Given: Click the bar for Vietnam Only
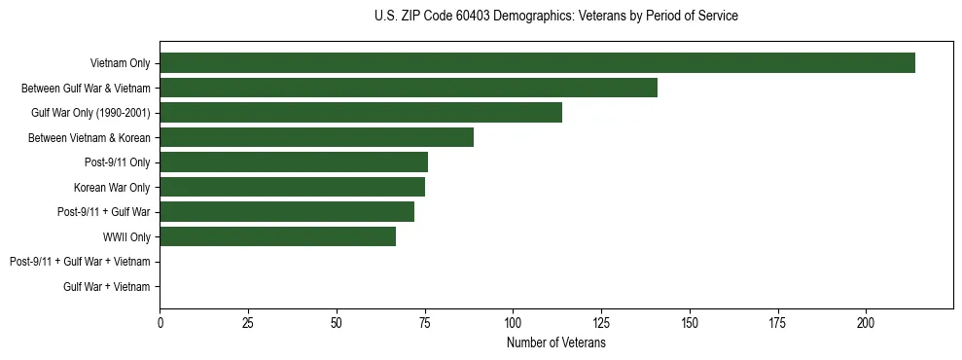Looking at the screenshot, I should click(537, 63).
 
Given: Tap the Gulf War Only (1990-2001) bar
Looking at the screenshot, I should click(361, 113).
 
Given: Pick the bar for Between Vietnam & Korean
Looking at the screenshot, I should click(317, 137).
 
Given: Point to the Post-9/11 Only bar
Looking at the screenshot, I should click(294, 162).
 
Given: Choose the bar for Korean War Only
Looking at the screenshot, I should click(292, 187).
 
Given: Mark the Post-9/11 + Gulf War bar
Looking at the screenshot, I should click(287, 212).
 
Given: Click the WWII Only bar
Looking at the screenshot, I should click(278, 236).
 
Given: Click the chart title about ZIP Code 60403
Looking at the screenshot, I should click(555, 17).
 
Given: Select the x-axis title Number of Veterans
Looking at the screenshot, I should click(555, 342).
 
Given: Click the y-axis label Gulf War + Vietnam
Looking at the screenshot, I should click(107, 287).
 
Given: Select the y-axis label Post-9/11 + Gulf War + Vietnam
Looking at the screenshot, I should click(80, 262).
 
